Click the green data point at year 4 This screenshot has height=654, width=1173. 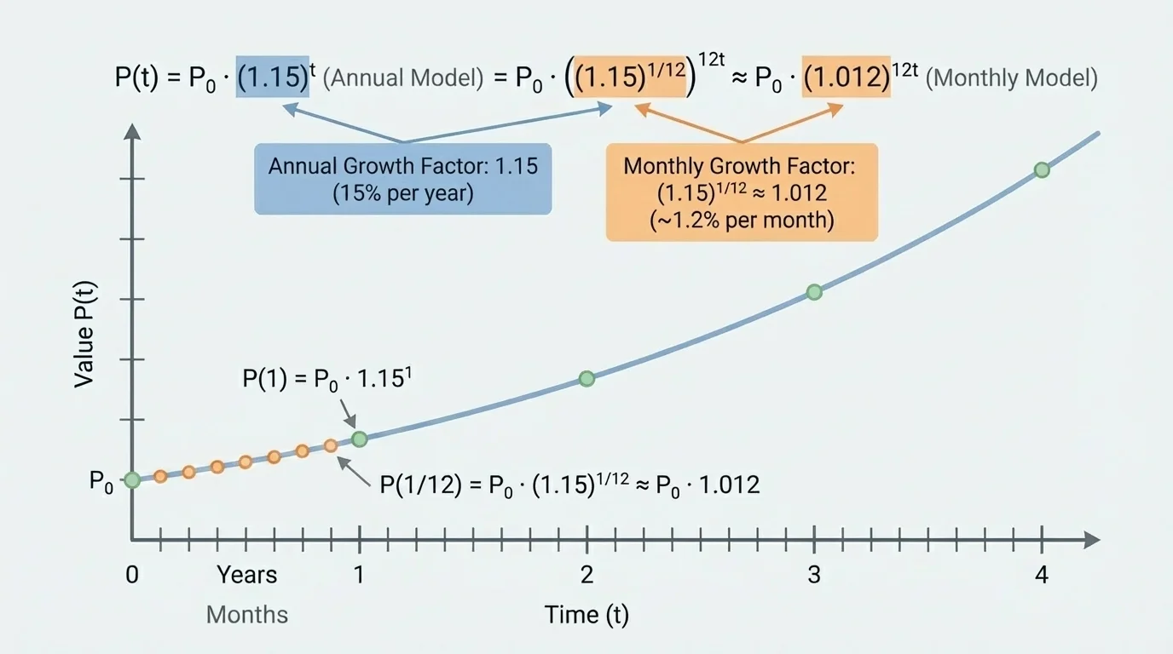point(1041,169)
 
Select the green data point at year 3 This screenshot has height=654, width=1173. point(814,292)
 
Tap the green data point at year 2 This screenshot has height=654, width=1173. point(586,378)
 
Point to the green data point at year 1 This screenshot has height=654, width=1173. point(359,439)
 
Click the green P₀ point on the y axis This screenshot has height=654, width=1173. point(132,480)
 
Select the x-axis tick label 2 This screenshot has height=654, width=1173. point(586,575)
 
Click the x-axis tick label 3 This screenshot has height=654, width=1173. point(814,575)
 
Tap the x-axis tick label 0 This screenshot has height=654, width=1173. point(132,575)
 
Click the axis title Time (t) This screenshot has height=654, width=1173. point(586,614)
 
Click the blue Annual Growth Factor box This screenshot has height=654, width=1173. point(403,178)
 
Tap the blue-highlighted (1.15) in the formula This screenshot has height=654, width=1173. point(273,77)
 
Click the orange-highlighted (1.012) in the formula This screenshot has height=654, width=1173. point(846,77)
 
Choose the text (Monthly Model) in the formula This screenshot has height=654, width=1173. point(1011,78)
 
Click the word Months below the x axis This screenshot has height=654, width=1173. point(247,614)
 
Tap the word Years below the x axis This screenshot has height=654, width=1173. point(246,575)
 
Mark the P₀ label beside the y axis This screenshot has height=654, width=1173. point(101,482)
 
